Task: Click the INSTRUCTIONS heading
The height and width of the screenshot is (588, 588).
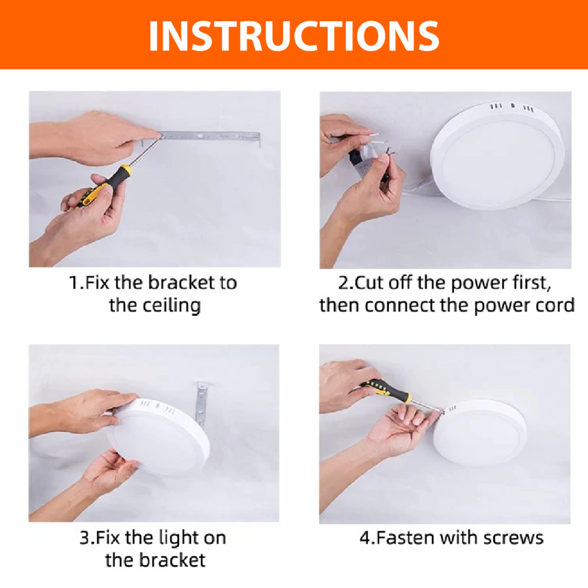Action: pos(294,36)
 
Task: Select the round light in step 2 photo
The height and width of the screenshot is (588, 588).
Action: pos(497,155)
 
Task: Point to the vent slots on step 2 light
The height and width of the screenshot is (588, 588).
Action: pos(512,107)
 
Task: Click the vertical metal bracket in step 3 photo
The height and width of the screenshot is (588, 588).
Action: pos(202,404)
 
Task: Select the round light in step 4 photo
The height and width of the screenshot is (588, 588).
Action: pos(481,433)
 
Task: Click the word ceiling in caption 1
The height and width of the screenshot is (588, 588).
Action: pos(155,305)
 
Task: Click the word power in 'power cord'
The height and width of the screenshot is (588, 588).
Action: pos(501,306)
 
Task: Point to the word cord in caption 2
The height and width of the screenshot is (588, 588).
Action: pos(555,305)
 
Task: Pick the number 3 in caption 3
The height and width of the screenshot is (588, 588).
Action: pos(85,538)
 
